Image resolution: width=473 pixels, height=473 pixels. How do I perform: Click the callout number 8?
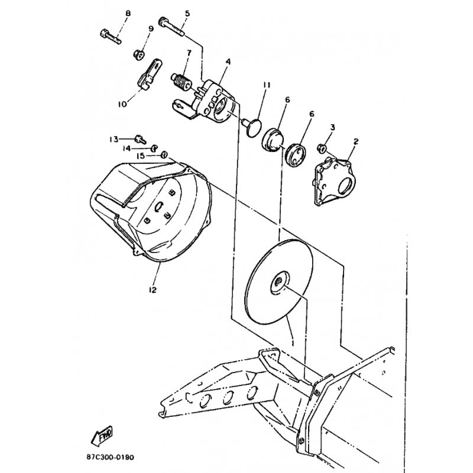tap(128, 14)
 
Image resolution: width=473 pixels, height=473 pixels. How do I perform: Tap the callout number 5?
tap(187, 14)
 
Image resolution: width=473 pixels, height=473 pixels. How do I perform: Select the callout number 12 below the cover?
tap(153, 290)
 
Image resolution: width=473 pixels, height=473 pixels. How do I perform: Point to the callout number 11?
tap(266, 85)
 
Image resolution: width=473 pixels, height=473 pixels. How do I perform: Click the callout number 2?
tap(356, 141)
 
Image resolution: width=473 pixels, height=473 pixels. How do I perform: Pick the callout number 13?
tap(114, 140)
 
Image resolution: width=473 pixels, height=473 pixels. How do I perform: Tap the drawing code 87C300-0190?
tap(109, 457)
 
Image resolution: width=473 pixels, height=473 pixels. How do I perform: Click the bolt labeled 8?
tap(110, 37)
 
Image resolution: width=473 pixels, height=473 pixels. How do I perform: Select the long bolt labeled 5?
tap(171, 27)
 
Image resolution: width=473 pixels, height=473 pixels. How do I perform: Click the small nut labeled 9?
tap(139, 55)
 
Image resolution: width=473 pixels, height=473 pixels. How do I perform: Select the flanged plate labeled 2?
tap(334, 183)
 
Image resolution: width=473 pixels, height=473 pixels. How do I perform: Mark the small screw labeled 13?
tap(141, 139)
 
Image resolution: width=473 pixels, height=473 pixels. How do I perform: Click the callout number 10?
tap(122, 104)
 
